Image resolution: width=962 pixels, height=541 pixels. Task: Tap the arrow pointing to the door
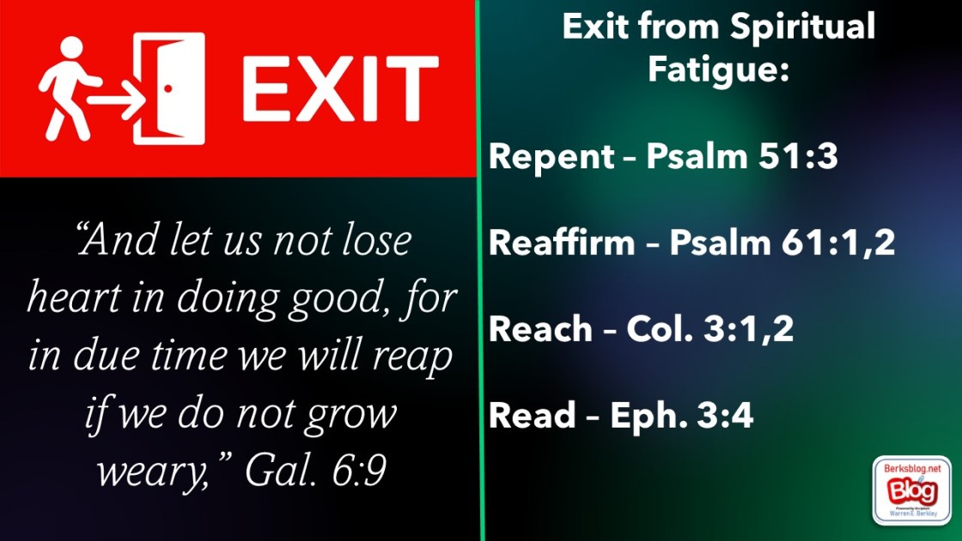(117, 98)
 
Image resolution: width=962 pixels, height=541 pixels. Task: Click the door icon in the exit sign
(169, 88)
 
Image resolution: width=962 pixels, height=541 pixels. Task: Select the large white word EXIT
(340, 89)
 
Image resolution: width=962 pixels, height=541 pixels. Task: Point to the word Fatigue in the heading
(718, 70)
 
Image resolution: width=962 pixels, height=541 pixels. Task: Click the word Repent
(551, 157)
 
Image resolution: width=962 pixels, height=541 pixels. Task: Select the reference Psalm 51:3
(742, 155)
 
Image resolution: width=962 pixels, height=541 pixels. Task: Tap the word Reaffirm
(562, 242)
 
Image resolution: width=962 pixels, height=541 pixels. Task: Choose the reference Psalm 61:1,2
(782, 243)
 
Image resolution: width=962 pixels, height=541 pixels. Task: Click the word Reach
(540, 329)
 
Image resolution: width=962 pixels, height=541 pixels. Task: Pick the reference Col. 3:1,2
(709, 330)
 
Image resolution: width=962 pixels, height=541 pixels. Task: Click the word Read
(532, 416)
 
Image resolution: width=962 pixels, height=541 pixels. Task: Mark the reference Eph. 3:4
(682, 416)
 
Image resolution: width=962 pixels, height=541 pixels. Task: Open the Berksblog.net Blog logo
(911, 490)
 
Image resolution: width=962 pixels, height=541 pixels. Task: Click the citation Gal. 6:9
(315, 471)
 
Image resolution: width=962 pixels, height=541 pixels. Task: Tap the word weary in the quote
(153, 473)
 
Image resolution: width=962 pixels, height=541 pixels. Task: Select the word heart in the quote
(74, 297)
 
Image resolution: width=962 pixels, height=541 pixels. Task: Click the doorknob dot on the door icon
(167, 88)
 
